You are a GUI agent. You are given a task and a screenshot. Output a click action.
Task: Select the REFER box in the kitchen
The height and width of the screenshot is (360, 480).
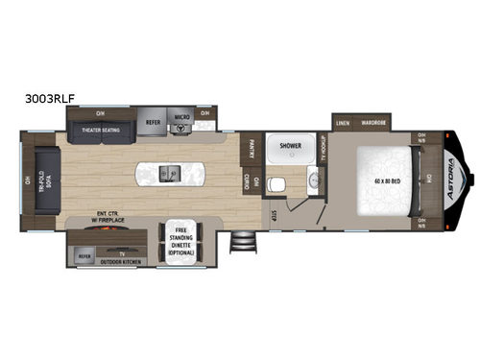click(x=154, y=122)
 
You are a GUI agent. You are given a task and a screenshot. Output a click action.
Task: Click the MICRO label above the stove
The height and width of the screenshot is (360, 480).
click(x=180, y=118)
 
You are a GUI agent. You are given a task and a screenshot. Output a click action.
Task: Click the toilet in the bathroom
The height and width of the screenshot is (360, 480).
click(x=278, y=184)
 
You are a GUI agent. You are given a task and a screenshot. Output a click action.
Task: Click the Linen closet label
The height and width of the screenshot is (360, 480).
click(x=343, y=123)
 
